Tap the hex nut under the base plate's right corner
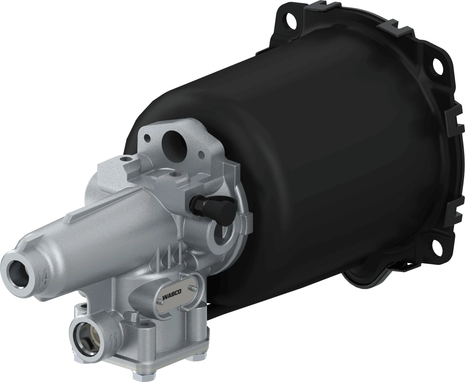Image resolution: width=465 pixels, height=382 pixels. pos(194,357)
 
